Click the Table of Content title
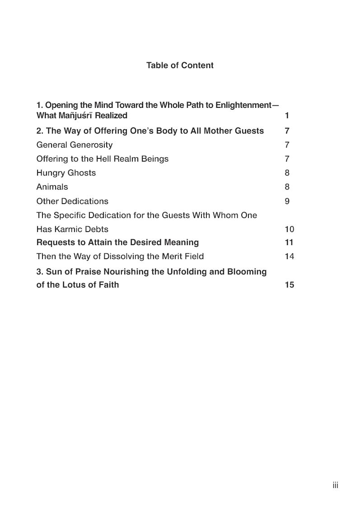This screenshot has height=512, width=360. [x=180, y=65]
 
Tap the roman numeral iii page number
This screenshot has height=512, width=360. [x=335, y=485]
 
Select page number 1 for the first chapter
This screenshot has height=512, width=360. [x=287, y=116]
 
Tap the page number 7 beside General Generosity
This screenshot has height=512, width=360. [x=287, y=145]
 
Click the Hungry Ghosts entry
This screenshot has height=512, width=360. [x=66, y=173]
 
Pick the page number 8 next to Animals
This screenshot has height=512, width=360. [x=287, y=187]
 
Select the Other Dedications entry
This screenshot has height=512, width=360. [x=72, y=201]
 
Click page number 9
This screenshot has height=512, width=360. [x=287, y=201]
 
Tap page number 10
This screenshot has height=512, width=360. [x=289, y=229]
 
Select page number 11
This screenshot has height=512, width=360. [x=289, y=242]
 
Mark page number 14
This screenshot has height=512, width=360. [x=289, y=256]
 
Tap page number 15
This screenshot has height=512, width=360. [x=289, y=285]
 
